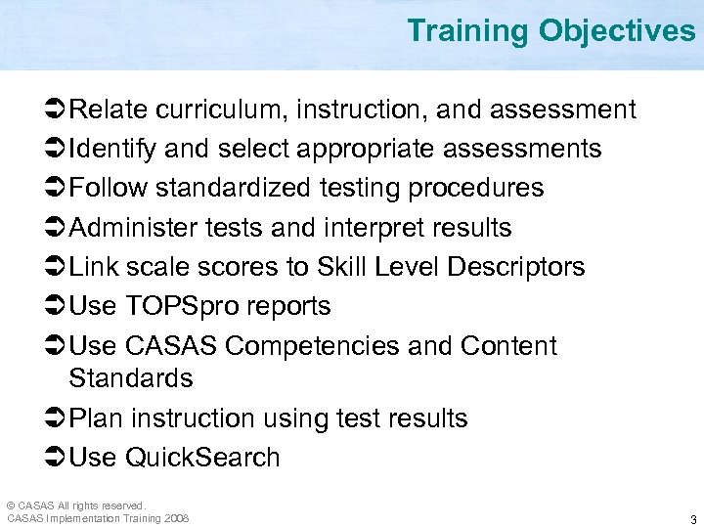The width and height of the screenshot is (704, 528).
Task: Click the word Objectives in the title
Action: click(617, 31)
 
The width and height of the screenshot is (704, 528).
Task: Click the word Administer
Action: click(134, 228)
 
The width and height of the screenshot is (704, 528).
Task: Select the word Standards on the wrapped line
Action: click(131, 377)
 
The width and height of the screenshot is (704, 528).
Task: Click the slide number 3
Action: click(692, 519)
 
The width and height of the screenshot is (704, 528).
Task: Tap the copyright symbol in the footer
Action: click(11, 506)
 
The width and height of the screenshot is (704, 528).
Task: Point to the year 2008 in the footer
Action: click(177, 518)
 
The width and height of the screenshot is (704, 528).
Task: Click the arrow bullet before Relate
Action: click(56, 110)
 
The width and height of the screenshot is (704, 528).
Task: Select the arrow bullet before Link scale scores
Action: click(56, 267)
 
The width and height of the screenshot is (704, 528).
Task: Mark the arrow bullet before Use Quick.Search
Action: click(56, 458)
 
